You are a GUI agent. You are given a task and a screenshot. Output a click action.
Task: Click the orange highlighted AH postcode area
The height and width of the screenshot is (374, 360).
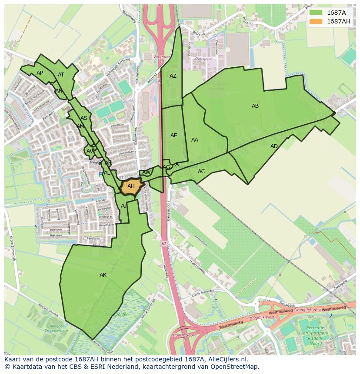(x=131, y=187)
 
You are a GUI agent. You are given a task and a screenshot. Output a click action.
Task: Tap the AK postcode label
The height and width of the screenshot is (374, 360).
(x=103, y=275)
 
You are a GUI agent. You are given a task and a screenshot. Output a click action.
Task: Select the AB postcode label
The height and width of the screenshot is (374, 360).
(x=255, y=106)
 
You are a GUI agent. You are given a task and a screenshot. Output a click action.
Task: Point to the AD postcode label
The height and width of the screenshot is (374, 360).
(x=274, y=146)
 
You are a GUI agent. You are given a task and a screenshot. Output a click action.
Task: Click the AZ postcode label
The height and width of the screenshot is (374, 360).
(x=173, y=76)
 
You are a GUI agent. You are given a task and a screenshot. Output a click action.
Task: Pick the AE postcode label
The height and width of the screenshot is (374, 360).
(x=174, y=136)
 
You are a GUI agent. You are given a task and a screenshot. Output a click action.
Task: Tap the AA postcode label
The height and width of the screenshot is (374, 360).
(x=195, y=140)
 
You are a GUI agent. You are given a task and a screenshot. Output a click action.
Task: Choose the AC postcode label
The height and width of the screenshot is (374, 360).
(x=201, y=172)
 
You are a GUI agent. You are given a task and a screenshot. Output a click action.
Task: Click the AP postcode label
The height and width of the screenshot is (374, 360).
(x=40, y=73)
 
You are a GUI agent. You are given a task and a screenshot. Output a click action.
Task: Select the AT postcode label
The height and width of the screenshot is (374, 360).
(x=61, y=75)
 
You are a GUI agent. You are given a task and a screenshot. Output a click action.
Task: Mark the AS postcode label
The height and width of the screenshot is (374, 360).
(x=84, y=118)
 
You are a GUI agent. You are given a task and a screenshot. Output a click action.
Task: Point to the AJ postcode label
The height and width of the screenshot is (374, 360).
(x=124, y=206)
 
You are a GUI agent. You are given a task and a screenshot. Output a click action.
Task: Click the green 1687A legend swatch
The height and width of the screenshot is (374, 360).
(x=316, y=13)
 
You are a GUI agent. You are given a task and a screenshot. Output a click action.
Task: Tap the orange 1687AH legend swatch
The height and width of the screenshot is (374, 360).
(x=316, y=21)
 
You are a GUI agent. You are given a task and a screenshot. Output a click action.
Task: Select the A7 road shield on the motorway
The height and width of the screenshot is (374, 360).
(x=163, y=243)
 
